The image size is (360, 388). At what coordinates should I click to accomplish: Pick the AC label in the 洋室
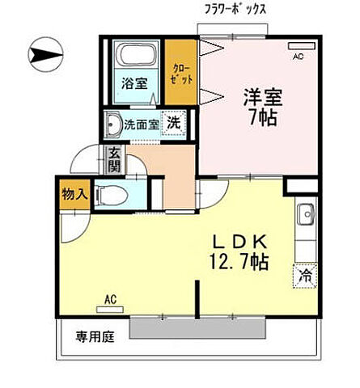(298, 56)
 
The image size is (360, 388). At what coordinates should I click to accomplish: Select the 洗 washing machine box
(174, 124)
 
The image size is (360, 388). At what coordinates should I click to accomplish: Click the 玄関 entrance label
(114, 161)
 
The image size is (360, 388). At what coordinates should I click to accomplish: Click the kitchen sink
(306, 216)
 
